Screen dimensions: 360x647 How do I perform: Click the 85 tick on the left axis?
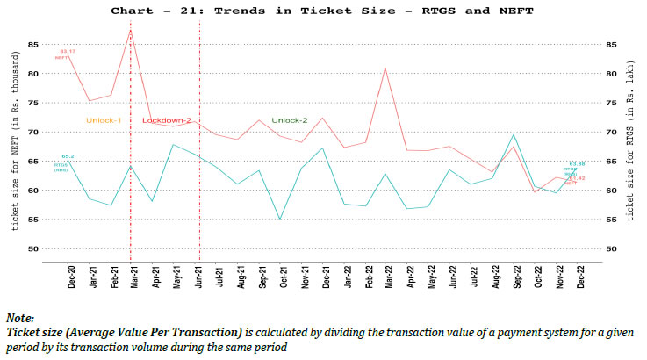tap(32, 44)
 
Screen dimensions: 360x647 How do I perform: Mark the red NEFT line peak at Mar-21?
tap(131, 31)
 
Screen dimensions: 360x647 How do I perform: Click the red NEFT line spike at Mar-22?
tap(385, 68)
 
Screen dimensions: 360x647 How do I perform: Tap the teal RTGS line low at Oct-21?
tap(280, 220)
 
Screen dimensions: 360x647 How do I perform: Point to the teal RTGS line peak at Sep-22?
tap(513, 135)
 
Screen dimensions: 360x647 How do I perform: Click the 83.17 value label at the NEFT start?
tap(67, 52)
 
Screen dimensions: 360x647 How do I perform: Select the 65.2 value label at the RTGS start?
tap(68, 155)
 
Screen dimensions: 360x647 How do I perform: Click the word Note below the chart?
tap(19, 317)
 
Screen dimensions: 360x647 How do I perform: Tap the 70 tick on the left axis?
tap(32, 132)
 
